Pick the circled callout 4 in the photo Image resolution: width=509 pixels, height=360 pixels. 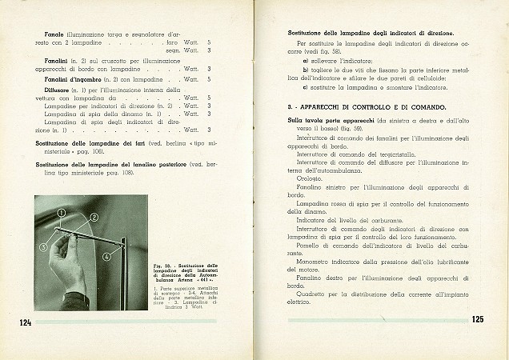(106, 257)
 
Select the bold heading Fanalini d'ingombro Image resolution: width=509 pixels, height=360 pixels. (74, 79)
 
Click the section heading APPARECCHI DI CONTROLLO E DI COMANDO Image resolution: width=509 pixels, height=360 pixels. (378, 106)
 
